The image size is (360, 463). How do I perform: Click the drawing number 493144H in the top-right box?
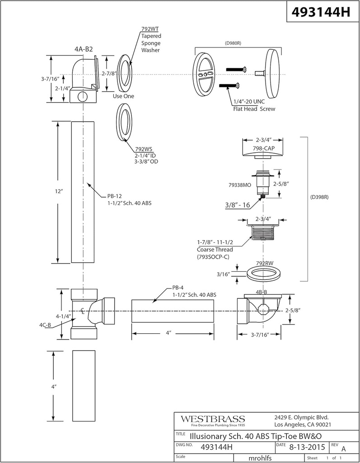click(322, 12)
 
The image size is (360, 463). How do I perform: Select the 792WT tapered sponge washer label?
click(151, 39)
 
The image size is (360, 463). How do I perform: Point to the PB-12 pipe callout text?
click(129, 200)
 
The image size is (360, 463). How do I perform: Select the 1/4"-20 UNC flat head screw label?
click(253, 105)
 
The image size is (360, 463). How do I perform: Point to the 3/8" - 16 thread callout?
click(238, 205)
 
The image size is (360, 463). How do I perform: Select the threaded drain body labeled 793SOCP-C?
click(264, 235)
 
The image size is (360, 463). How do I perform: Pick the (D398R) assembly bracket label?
click(320, 198)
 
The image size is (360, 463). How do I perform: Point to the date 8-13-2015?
click(307, 447)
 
